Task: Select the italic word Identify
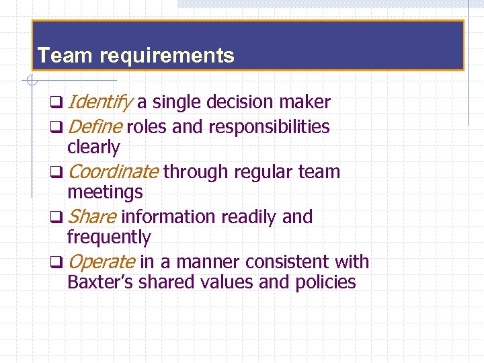(100, 102)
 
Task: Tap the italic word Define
(95, 126)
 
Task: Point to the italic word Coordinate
(113, 171)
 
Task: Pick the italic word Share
(92, 216)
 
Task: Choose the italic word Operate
(101, 261)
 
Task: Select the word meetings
(105, 192)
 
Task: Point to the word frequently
(109, 237)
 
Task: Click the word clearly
(93, 147)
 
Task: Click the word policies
(325, 282)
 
